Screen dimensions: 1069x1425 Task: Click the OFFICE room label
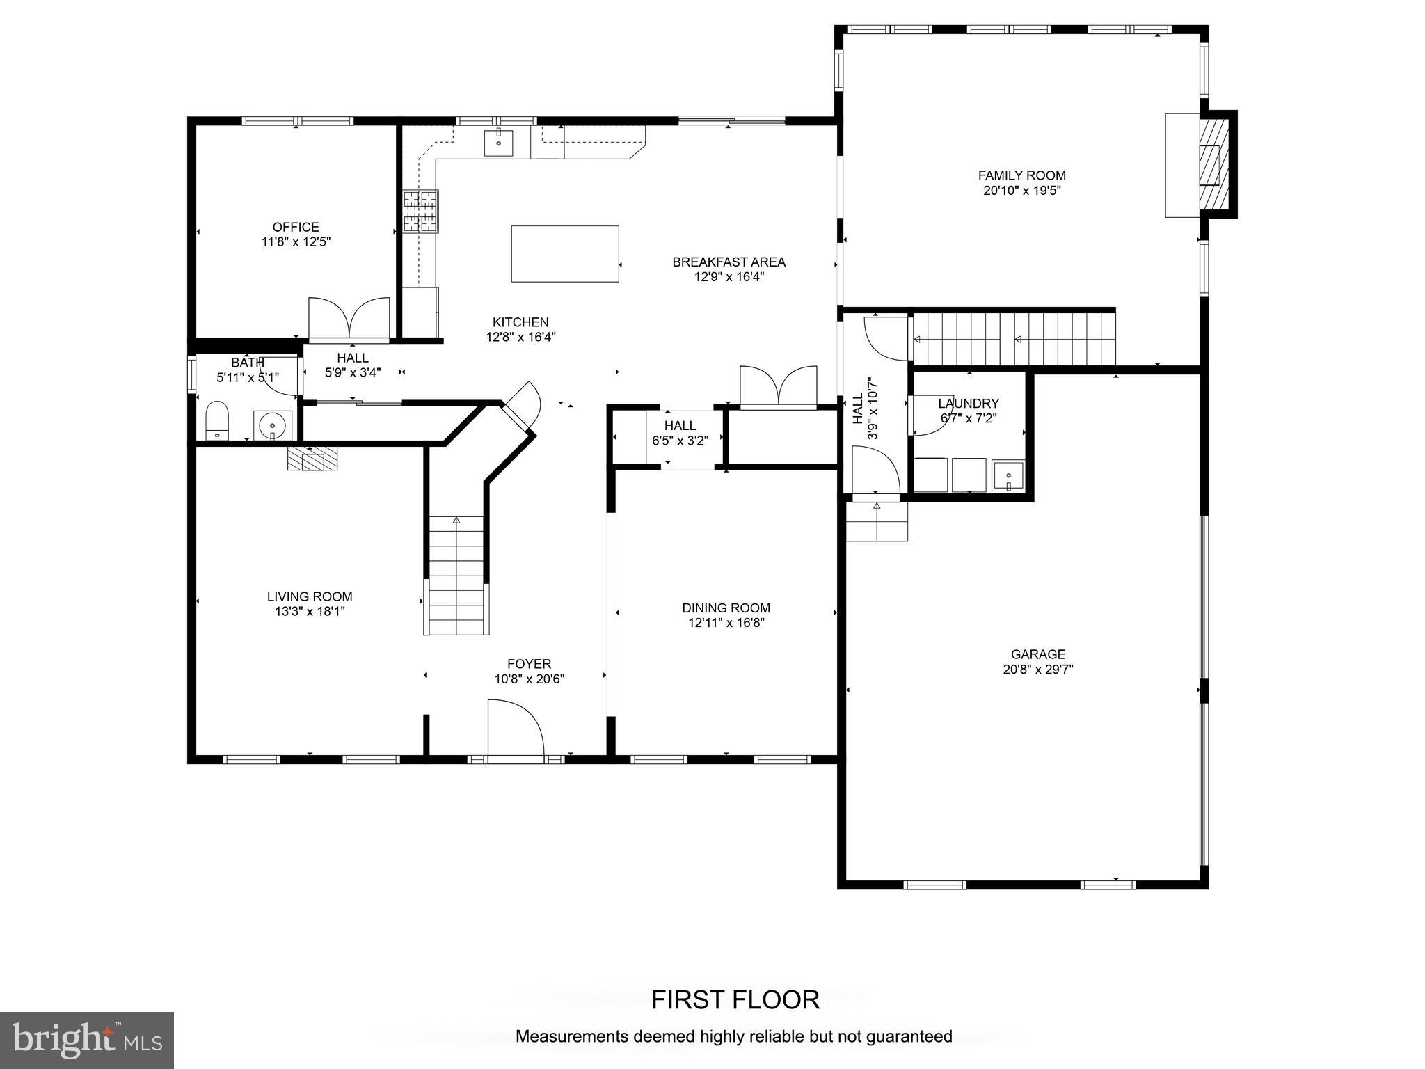point(296,227)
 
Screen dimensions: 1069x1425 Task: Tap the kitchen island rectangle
point(565,254)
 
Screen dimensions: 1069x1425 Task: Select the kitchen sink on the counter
point(498,143)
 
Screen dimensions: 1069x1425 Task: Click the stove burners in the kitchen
point(421,211)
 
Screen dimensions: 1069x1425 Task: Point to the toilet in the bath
point(217,420)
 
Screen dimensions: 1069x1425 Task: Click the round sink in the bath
point(272,424)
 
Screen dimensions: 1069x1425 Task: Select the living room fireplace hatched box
point(312,459)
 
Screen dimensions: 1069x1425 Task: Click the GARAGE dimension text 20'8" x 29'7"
point(1038,670)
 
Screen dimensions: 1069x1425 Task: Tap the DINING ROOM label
point(726,608)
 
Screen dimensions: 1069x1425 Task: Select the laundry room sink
point(1008,476)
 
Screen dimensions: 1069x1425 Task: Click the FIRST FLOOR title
point(735,1000)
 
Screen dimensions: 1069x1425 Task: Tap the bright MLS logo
point(87,1040)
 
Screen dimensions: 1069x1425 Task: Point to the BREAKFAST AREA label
point(729,262)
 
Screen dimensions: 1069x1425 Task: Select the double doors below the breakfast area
point(778,386)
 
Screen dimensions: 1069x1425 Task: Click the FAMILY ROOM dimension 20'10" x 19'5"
point(1021,191)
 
